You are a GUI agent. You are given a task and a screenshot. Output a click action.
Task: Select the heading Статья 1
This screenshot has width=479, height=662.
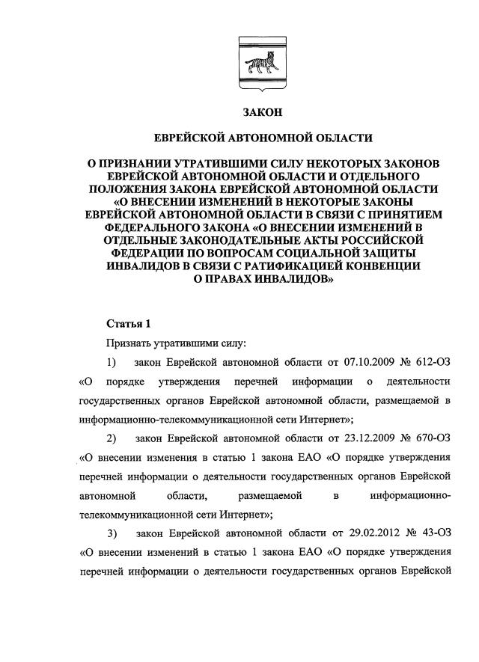129,324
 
